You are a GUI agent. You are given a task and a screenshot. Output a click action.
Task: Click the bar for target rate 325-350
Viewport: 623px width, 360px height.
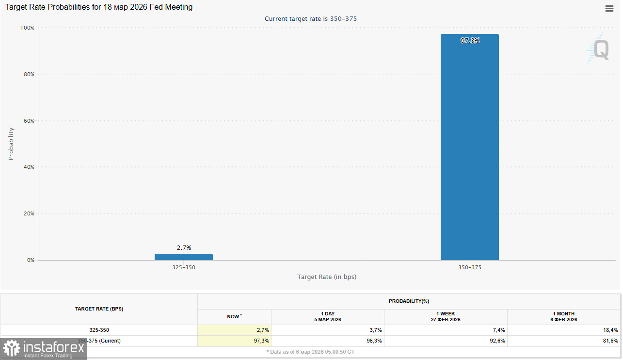tap(183, 257)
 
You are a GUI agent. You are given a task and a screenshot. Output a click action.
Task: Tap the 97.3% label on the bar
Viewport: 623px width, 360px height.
tap(470, 41)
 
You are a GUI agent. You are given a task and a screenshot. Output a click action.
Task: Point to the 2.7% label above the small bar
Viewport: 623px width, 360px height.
tap(184, 247)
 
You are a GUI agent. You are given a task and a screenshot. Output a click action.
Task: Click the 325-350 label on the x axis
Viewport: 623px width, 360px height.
tap(184, 267)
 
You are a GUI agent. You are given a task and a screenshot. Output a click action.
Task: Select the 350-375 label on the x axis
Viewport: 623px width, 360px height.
tap(470, 267)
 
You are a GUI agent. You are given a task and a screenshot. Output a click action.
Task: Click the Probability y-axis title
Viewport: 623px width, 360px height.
tap(11, 144)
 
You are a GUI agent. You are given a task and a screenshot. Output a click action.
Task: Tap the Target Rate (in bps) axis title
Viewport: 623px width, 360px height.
tap(327, 277)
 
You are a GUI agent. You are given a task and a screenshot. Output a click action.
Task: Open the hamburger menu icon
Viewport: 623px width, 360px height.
tap(609, 8)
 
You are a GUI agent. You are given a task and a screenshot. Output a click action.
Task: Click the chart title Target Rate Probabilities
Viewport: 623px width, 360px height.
tap(99, 7)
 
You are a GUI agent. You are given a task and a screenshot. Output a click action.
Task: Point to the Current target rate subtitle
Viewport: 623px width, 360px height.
tap(311, 18)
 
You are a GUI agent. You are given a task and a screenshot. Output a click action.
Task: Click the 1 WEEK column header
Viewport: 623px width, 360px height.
tap(445, 317)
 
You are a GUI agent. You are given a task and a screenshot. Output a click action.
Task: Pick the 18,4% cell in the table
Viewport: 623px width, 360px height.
tap(609, 330)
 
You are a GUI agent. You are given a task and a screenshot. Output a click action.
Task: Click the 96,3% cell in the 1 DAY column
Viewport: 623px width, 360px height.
tap(374, 341)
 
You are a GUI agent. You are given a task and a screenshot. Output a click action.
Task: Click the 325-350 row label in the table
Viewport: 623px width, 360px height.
tap(99, 330)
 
